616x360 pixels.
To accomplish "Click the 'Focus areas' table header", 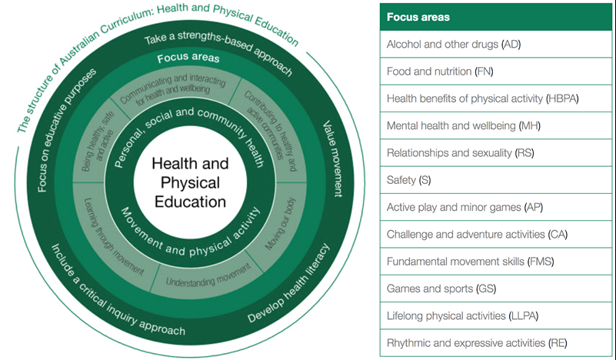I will pyautogui.click(x=419, y=16).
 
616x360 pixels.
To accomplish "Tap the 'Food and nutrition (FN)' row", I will pyautogui.click(x=440, y=72).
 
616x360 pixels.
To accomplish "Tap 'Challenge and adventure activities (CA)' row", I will pyautogui.click(x=477, y=234).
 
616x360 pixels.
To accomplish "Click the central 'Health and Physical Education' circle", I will pyautogui.click(x=189, y=183).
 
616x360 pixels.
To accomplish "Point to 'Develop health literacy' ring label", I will pyautogui.click(x=288, y=284).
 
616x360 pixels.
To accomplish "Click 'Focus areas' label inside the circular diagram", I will pyautogui.click(x=188, y=58).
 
